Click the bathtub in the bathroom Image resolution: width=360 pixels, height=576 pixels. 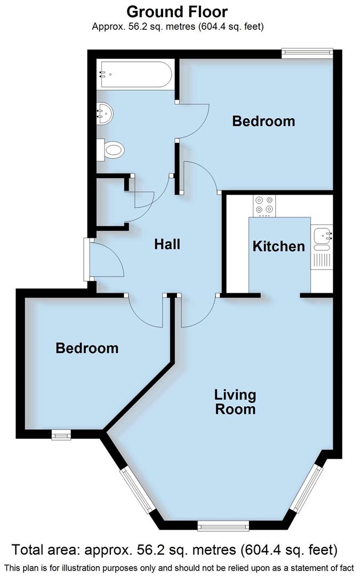click(x=135, y=75)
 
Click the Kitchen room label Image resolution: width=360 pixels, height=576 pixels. click(x=278, y=246)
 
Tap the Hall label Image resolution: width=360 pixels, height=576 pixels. click(x=167, y=244)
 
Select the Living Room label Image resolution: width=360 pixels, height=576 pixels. click(x=235, y=402)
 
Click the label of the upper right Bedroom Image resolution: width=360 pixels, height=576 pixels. click(x=263, y=121)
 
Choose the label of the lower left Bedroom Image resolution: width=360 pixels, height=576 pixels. click(x=87, y=348)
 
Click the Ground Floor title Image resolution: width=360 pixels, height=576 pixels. click(x=178, y=11)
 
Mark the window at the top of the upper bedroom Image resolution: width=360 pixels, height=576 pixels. click(x=308, y=52)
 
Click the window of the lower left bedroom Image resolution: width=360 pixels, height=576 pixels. click(x=61, y=436)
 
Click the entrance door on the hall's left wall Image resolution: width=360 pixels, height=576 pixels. click(x=86, y=260)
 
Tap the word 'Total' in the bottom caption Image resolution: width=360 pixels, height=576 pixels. click(x=35, y=550)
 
